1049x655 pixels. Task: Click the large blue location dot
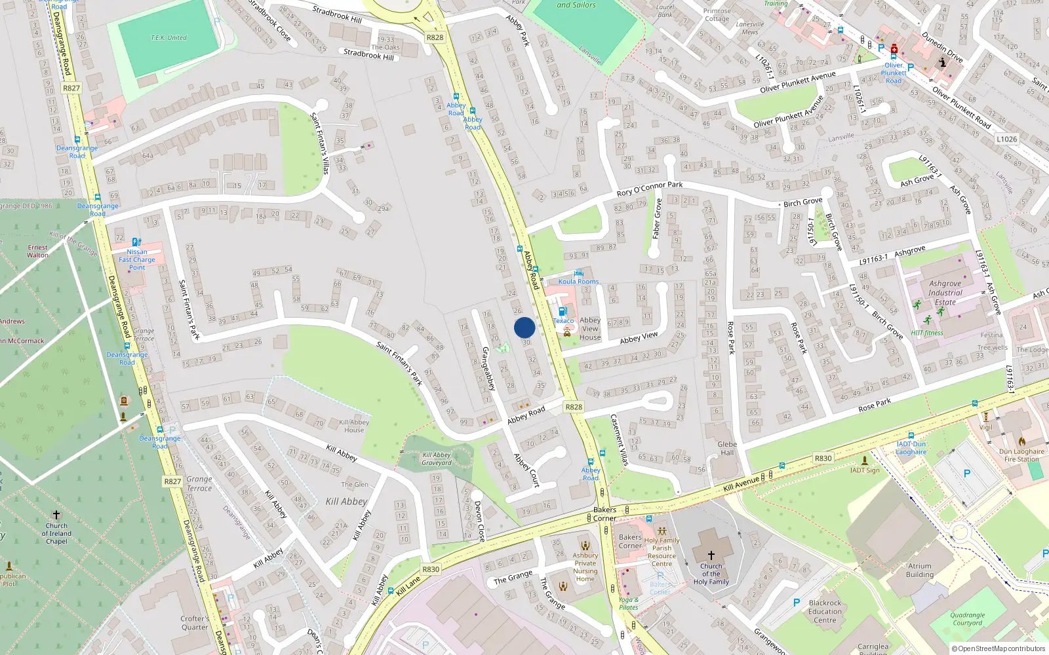pyautogui.click(x=524, y=327)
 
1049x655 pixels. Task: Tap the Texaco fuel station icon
pyautogui.click(x=562, y=312)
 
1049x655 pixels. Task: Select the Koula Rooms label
pyautogui.click(x=578, y=282)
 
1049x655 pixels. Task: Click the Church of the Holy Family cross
pyautogui.click(x=711, y=555)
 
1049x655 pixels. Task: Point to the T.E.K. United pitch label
pyautogui.click(x=168, y=38)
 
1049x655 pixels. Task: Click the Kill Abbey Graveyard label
pyautogui.click(x=437, y=458)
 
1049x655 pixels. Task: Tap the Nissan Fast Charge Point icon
pyautogui.click(x=136, y=242)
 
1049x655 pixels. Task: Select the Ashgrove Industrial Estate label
pyautogui.click(x=945, y=293)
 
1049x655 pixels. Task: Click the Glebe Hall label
pyautogui.click(x=727, y=448)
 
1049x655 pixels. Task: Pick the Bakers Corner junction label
pyautogui.click(x=604, y=514)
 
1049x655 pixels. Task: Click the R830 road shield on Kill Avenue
pyautogui.click(x=823, y=458)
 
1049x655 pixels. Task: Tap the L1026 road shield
pyautogui.click(x=1006, y=139)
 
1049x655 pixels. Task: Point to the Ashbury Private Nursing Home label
pyautogui.click(x=585, y=567)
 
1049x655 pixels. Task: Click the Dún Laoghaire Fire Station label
pyautogui.click(x=1021, y=455)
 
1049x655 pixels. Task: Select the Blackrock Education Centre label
pyautogui.click(x=825, y=611)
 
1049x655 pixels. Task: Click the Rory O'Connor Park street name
pyautogui.click(x=649, y=189)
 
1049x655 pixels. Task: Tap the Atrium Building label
pyautogui.click(x=920, y=570)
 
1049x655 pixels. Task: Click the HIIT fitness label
pyautogui.click(x=927, y=333)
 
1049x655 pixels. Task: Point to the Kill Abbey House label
pyautogui.click(x=354, y=426)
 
